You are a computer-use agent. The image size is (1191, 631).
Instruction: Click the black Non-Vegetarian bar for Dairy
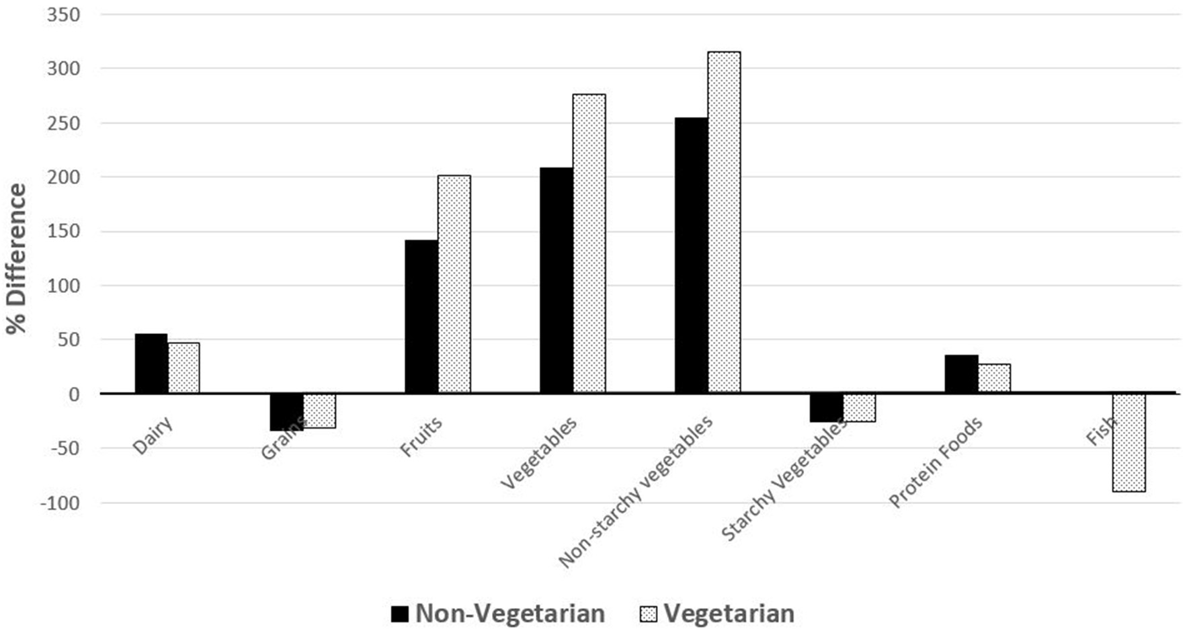151,364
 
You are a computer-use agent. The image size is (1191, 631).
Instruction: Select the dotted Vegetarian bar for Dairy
183,368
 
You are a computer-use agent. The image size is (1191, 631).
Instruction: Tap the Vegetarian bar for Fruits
454,284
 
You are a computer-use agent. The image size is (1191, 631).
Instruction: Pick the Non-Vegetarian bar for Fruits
421,317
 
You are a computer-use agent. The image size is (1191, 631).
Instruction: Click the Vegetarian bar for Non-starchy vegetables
724,222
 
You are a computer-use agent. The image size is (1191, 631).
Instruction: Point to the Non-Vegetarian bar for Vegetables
557,280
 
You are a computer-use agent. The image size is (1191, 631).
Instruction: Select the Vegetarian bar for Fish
1129,442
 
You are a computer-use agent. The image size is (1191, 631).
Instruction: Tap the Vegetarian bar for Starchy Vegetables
859,407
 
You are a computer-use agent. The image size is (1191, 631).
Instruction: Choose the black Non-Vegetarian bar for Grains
286,411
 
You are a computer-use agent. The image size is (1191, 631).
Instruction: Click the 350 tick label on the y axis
63,15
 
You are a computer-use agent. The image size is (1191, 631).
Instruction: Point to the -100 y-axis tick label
59,503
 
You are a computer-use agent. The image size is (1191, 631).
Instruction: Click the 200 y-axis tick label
63,177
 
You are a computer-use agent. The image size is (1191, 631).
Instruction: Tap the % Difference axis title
16,259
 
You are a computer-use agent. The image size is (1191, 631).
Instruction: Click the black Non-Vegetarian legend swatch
400,614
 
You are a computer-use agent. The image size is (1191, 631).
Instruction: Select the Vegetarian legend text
729,614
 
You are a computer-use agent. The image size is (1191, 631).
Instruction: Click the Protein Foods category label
936,462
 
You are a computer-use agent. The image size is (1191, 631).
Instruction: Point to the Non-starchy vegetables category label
635,492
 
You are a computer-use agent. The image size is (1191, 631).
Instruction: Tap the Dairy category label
153,435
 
